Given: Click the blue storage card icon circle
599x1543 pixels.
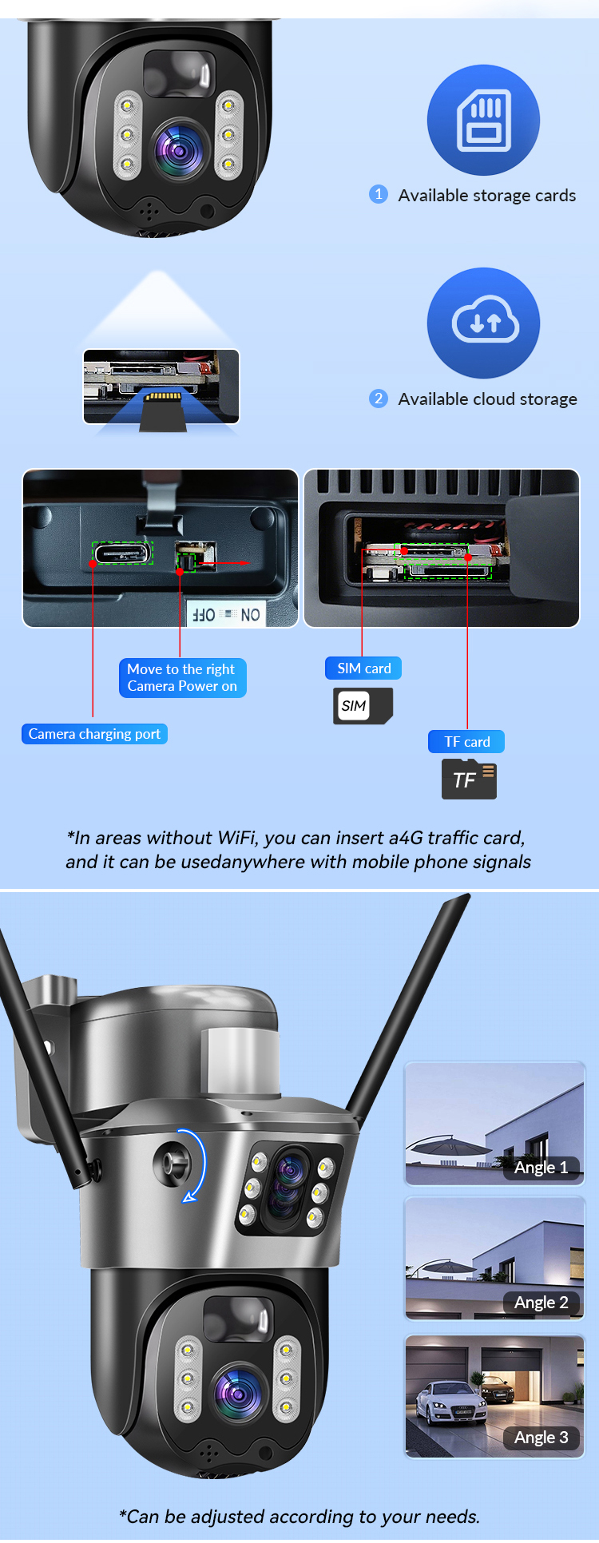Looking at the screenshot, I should pyautogui.click(x=483, y=120).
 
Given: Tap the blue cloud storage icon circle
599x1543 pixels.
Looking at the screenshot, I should pyautogui.click(x=483, y=323).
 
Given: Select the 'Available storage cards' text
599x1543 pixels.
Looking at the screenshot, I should pyautogui.click(x=486, y=196).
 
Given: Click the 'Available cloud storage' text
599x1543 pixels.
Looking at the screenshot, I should pyautogui.click(x=487, y=399).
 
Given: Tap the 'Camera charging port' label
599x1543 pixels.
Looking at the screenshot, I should pyautogui.click(x=94, y=734).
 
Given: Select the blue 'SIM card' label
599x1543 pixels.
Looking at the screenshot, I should pyautogui.click(x=363, y=668).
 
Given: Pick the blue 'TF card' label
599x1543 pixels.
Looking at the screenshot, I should pyautogui.click(x=466, y=742).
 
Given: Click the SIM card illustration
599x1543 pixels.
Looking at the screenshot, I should pyautogui.click(x=363, y=706).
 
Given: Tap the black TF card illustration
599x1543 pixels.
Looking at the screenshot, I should pyautogui.click(x=469, y=779).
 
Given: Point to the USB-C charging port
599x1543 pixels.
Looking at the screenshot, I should pyautogui.click(x=123, y=553).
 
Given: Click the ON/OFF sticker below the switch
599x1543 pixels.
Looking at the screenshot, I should pyautogui.click(x=227, y=614).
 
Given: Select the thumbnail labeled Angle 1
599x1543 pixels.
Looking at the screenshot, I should pyautogui.click(x=494, y=1124).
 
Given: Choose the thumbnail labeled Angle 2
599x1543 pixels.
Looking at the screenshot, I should pyautogui.click(x=494, y=1259).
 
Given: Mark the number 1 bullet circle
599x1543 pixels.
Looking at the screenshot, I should pyautogui.click(x=379, y=195).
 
